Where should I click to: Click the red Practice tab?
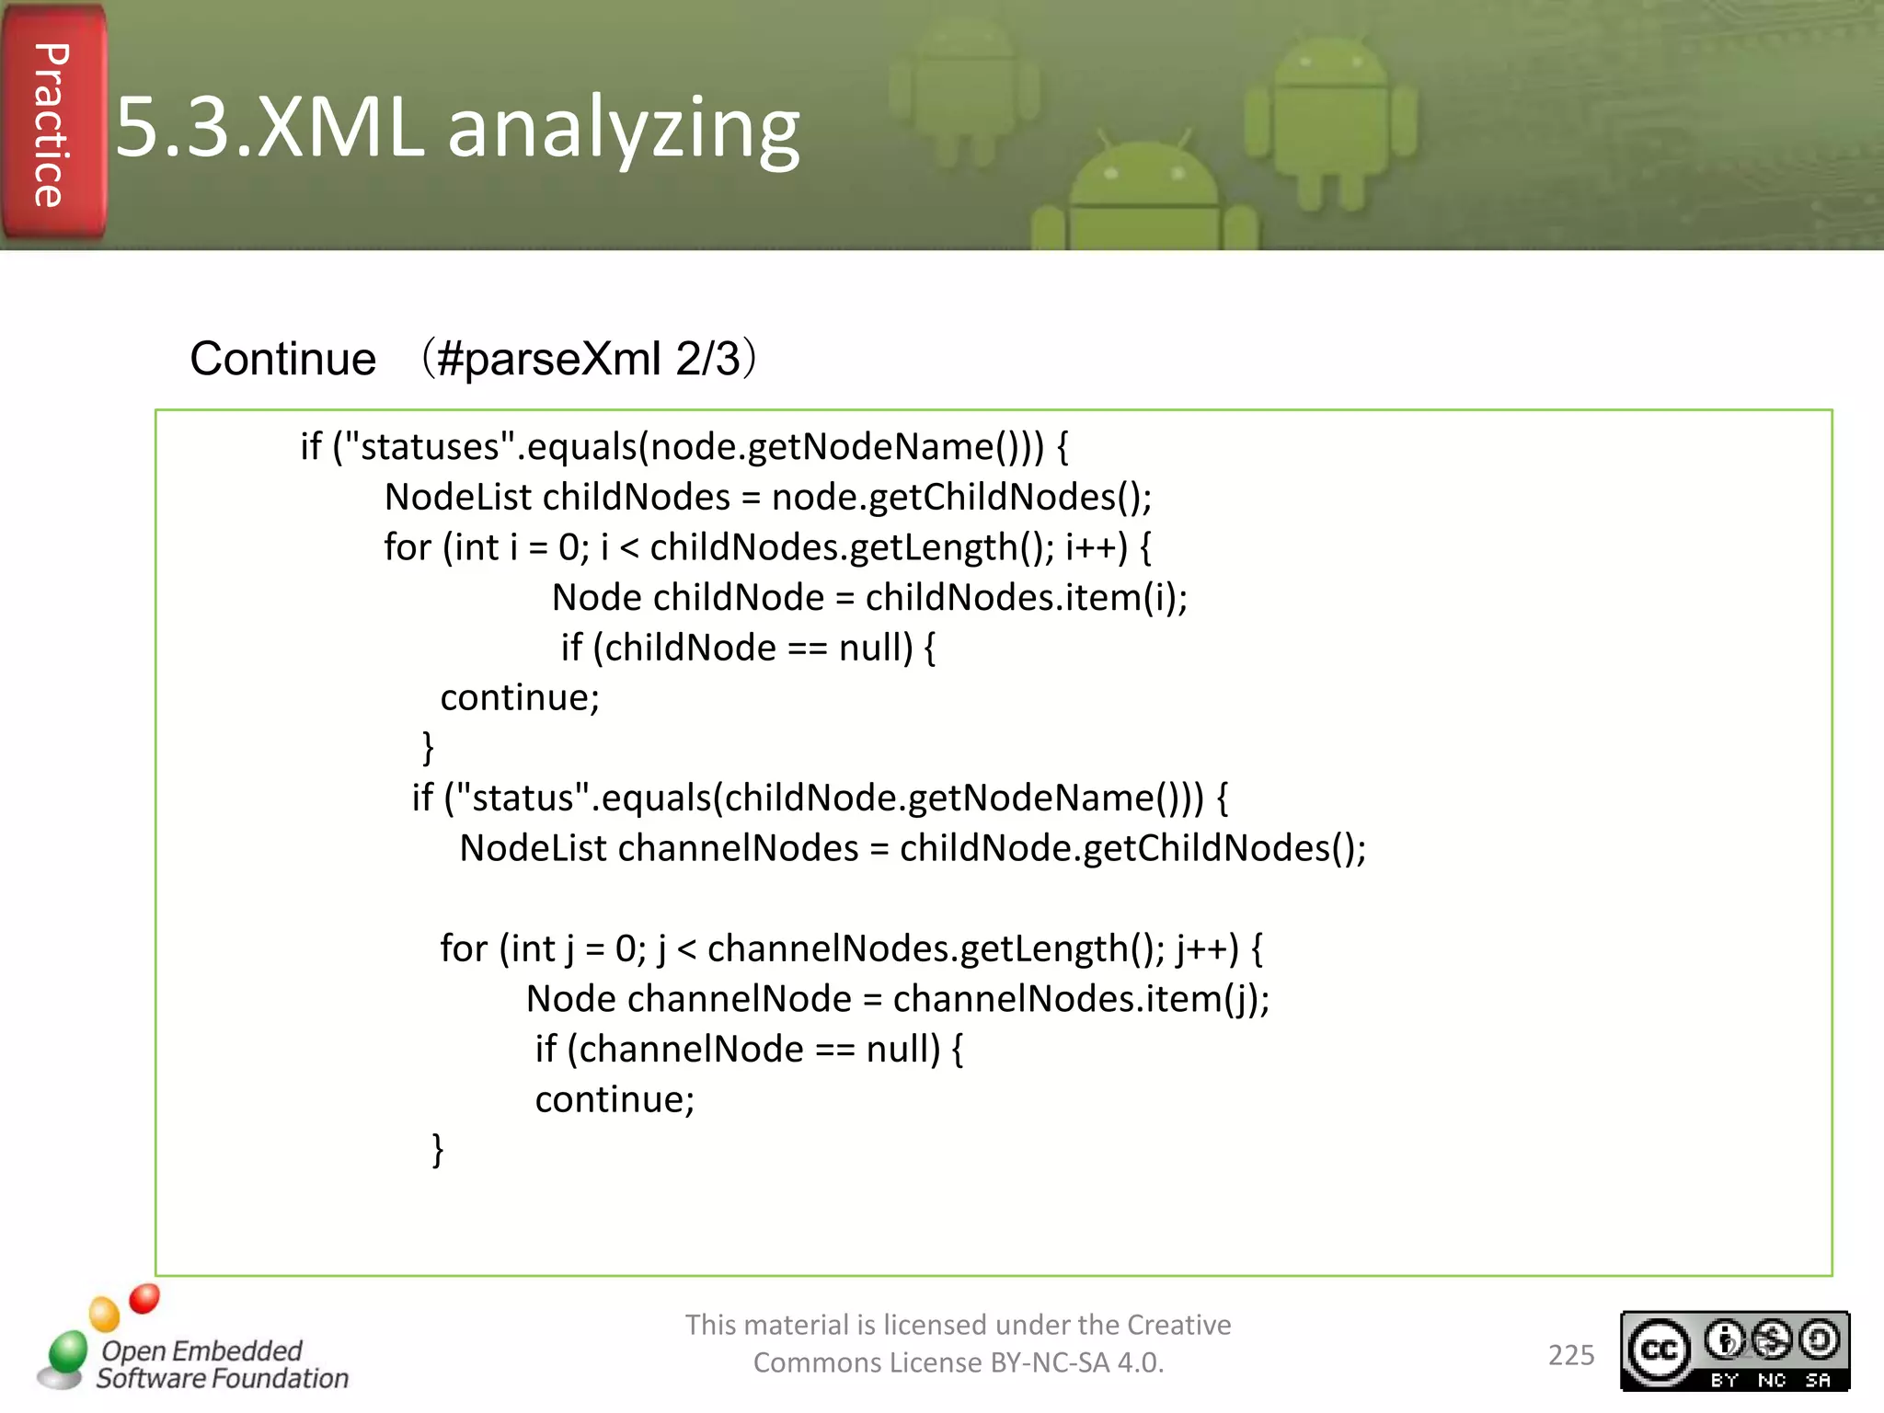coord(53,124)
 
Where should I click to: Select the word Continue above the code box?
coord(282,359)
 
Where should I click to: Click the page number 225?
coord(1570,1355)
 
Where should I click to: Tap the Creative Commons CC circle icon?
coord(1659,1350)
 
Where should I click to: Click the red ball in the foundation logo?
coord(144,1298)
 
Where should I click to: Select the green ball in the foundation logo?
coord(67,1351)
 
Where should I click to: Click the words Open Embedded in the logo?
coord(201,1350)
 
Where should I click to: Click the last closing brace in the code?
coord(438,1149)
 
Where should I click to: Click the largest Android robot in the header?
coord(1330,120)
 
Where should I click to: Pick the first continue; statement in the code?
coord(520,697)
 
